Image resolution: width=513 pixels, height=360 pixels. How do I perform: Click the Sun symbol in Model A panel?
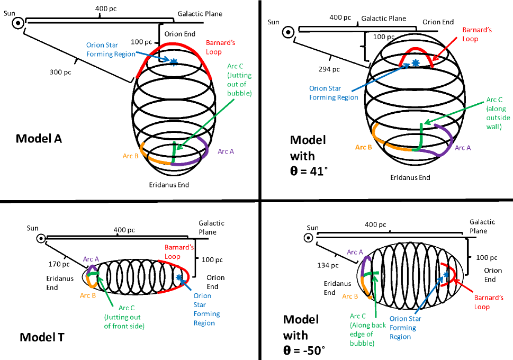point(19,23)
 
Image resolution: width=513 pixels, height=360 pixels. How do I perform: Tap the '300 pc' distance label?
point(60,72)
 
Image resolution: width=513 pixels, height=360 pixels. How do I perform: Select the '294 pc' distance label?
point(329,69)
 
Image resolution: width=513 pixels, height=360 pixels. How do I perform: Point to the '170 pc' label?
point(59,264)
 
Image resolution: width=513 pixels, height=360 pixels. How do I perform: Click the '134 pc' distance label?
point(328,265)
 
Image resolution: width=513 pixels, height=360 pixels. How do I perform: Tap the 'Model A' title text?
point(39,138)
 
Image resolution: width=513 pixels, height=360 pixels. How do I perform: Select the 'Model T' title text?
point(42,337)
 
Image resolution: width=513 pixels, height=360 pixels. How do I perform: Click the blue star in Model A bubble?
point(174,61)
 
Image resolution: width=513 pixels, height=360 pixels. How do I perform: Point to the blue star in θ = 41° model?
point(415,63)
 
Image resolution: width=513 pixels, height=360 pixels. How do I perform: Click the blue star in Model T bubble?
point(178,277)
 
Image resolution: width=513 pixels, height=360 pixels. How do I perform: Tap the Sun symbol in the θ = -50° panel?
point(309,238)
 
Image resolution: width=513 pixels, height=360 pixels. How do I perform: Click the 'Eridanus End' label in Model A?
point(169,185)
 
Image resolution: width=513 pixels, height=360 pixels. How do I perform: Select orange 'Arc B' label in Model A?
point(130,156)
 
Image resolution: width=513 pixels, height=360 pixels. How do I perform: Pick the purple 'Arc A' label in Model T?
point(91,259)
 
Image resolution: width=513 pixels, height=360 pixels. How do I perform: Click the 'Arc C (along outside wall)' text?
point(498,113)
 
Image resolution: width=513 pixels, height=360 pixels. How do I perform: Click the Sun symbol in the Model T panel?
point(41,239)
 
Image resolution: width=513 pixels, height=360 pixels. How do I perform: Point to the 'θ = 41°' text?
point(309,170)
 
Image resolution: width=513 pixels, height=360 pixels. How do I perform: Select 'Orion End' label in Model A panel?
point(179,34)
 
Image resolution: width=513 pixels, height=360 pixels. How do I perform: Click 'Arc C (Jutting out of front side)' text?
point(124,317)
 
